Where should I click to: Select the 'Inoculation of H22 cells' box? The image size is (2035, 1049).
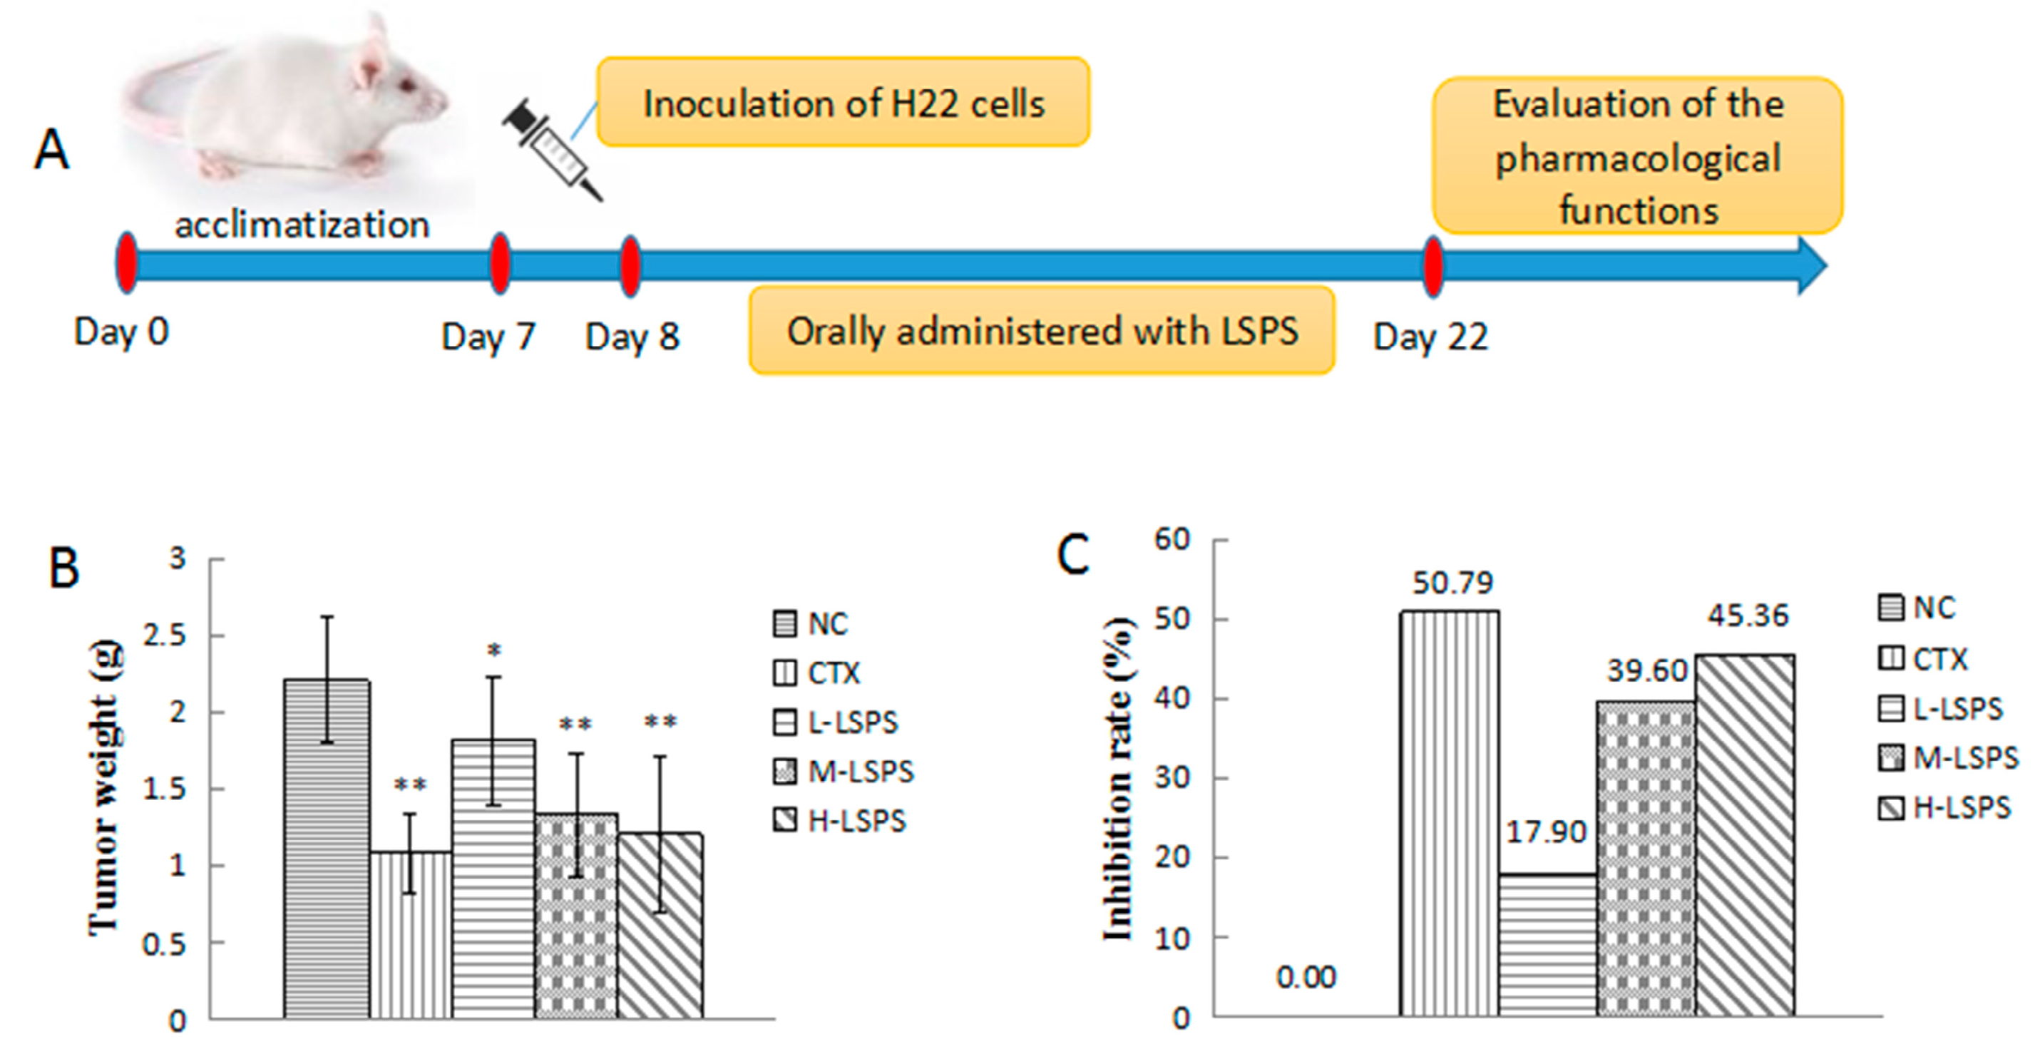pos(843,103)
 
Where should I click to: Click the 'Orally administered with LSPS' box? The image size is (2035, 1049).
pos(1042,331)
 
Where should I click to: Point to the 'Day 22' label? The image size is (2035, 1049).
pos(1430,337)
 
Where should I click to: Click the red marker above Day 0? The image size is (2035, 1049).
pos(126,263)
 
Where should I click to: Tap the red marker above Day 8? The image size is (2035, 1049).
pos(630,265)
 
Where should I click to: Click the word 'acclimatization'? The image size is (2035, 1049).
pos(302,226)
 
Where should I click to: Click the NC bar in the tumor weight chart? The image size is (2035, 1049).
pos(327,849)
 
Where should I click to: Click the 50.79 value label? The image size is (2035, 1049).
pos(1452,583)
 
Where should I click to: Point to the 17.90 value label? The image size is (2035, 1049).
pos(1546,831)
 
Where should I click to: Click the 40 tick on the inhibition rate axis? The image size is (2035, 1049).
pos(1173,699)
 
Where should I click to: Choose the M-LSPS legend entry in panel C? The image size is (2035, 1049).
pos(1948,758)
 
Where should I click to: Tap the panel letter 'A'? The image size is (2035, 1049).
pos(52,150)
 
